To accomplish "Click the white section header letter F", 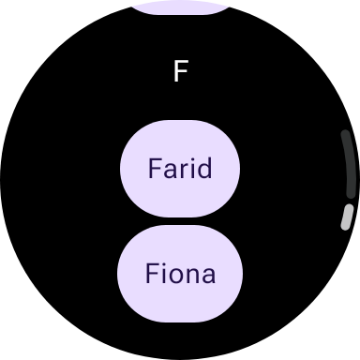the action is click(181, 71).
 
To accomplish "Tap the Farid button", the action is click(180, 169).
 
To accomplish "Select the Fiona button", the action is click(180, 274).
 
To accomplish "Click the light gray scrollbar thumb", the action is click(348, 217).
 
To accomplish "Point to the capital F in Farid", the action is click(155, 169).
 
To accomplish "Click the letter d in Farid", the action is click(204, 168).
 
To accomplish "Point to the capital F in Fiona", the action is click(152, 273).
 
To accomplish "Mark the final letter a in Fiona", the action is click(209, 276).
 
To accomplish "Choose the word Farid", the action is click(180, 168).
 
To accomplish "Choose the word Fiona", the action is click(181, 273).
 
